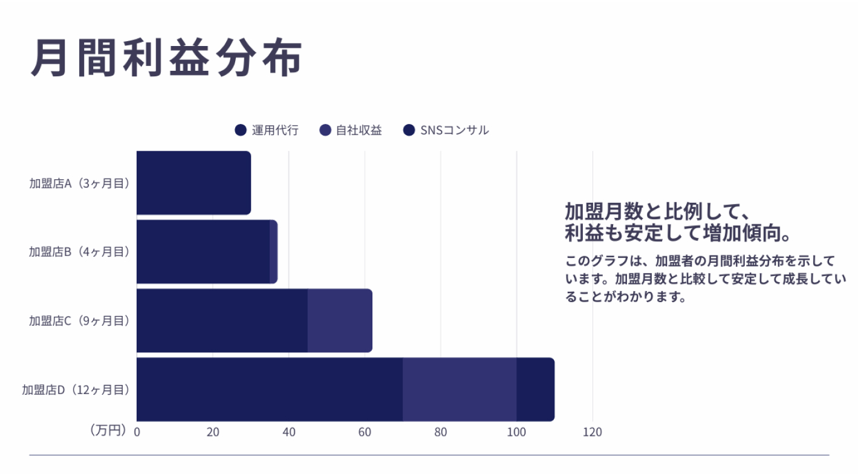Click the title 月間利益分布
(166, 59)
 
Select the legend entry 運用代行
(267, 130)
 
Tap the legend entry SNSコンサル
(446, 130)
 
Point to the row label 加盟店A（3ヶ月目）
(80, 183)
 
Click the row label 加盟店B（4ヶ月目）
(80, 252)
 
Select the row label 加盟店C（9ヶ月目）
(80, 321)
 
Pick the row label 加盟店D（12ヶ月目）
(76, 390)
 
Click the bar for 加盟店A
(193, 183)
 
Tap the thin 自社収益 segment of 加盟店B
(273, 252)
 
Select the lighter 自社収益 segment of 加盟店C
(340, 321)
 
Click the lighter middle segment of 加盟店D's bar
(460, 390)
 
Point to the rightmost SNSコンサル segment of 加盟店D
(535, 390)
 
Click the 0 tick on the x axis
(137, 432)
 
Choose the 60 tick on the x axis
(365, 432)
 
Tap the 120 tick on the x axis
(593, 432)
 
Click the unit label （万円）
(108, 430)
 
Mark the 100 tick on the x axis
(516, 432)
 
